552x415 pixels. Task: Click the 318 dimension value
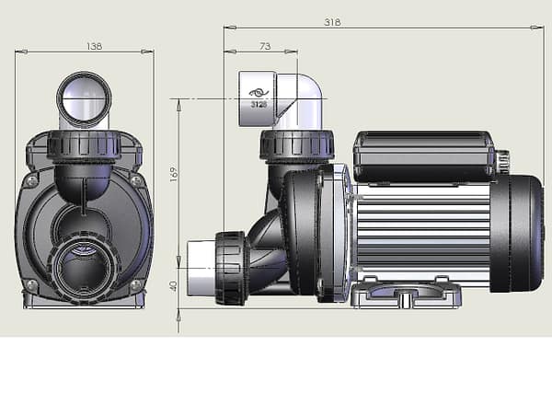click(x=332, y=22)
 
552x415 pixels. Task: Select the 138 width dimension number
click(x=94, y=46)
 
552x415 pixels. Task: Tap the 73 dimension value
click(x=265, y=46)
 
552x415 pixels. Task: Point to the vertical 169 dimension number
click(x=174, y=175)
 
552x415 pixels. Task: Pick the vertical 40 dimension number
click(x=174, y=286)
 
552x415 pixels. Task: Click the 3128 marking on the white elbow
click(x=259, y=105)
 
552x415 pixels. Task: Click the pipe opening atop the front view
click(x=84, y=98)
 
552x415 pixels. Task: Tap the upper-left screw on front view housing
click(x=32, y=181)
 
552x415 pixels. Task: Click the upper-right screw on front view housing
click(x=136, y=181)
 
